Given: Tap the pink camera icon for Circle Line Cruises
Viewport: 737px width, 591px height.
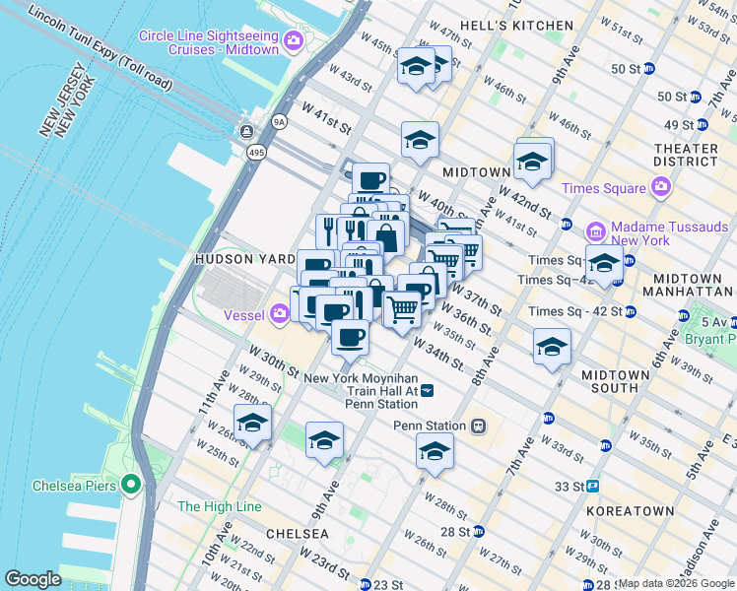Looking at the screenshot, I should pos(293,41).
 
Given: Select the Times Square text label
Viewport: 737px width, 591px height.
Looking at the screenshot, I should pos(603,188).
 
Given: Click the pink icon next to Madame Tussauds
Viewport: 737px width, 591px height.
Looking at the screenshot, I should pos(595,231).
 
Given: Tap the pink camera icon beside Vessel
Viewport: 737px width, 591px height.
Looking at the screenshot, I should pos(281,312).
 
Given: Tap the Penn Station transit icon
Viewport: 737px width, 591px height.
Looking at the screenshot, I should pos(478,426).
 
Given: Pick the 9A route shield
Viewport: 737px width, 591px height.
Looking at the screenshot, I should pos(279,121).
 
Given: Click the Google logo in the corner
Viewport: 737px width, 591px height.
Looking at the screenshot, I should pos(33,579).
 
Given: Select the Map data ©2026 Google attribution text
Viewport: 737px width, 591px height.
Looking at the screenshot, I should pos(675,583).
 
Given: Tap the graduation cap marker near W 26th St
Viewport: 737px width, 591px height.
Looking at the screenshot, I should pos(252,424).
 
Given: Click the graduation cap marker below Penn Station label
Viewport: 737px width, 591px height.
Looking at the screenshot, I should pos(434,451).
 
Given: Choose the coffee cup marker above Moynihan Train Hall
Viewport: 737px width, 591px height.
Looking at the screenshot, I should pos(350,337).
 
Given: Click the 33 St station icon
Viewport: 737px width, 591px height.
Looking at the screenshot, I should pos(593,486).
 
